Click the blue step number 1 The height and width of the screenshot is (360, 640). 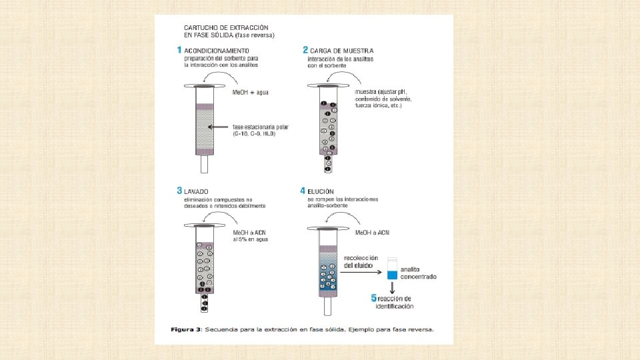pos(179,50)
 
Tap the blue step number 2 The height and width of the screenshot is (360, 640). pos(305,50)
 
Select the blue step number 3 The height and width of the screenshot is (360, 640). pos(179,191)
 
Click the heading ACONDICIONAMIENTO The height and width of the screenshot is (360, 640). pos(217,51)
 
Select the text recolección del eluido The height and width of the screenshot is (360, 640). pos(360,261)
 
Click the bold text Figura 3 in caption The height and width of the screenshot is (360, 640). pos(186,329)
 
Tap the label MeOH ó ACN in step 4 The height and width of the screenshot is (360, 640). pos(373,232)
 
